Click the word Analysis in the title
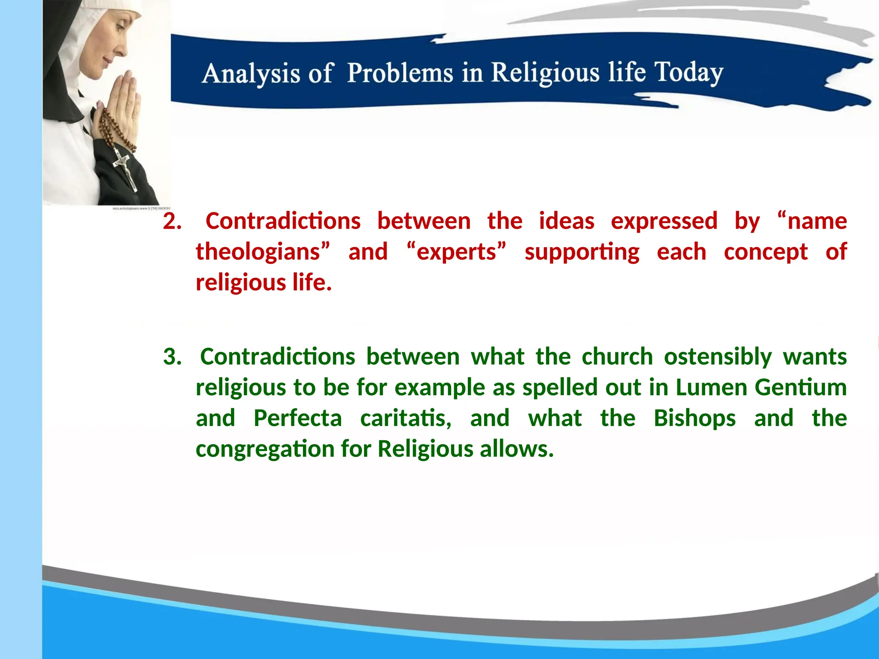251,74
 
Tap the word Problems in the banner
400,73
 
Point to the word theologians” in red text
263,252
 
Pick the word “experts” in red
456,252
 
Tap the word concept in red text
766,252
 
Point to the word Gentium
801,387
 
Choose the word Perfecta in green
297,418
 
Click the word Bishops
694,418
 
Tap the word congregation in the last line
265,450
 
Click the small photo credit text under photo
141,209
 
